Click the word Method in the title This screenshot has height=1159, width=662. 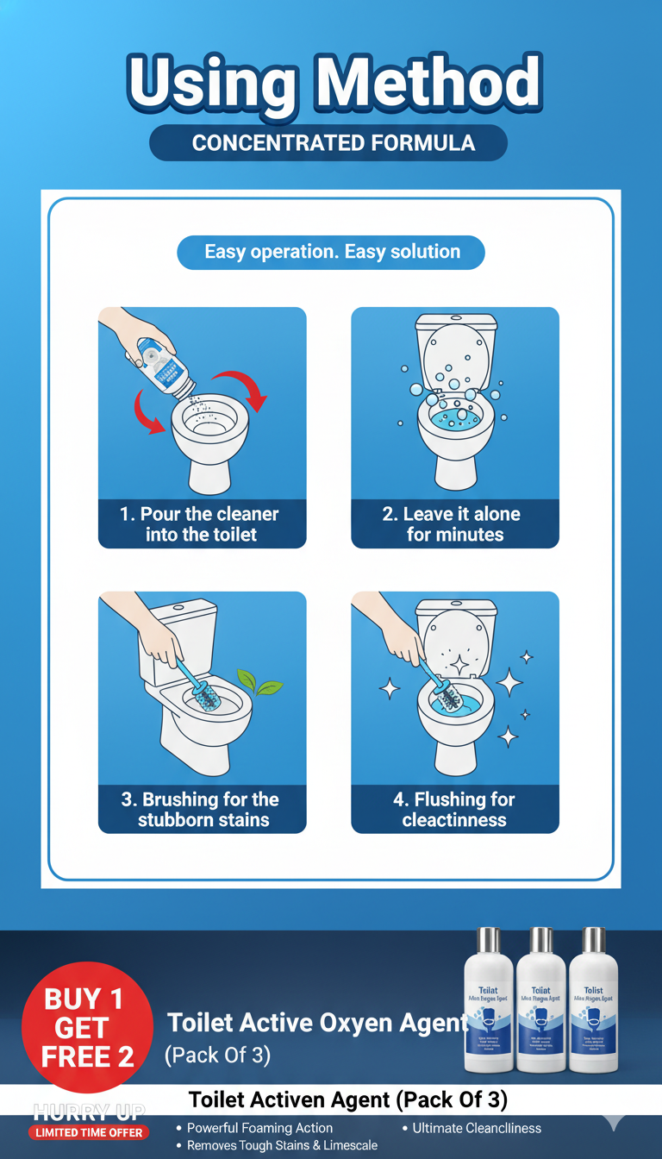(428, 85)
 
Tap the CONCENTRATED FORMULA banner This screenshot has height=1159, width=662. (332, 143)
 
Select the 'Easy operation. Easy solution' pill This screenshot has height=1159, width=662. (332, 253)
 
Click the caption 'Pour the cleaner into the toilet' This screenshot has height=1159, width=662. (201, 524)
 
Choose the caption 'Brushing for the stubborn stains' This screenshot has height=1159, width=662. (201, 809)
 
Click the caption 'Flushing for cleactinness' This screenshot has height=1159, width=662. (454, 809)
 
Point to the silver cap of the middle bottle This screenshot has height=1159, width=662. (540, 940)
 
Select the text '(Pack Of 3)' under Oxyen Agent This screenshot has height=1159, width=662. (217, 1055)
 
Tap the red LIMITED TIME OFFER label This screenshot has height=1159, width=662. (90, 1132)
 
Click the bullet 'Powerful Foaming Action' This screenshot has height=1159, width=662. (259, 1128)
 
